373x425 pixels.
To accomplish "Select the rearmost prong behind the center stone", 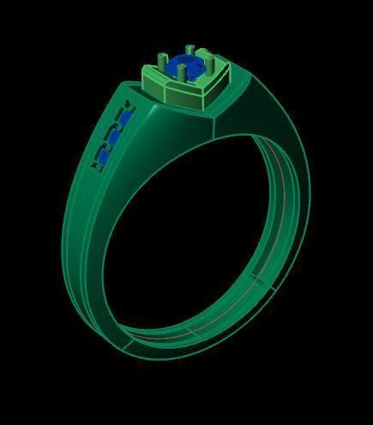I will (190, 52).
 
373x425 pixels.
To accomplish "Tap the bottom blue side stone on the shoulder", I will (104, 157).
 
